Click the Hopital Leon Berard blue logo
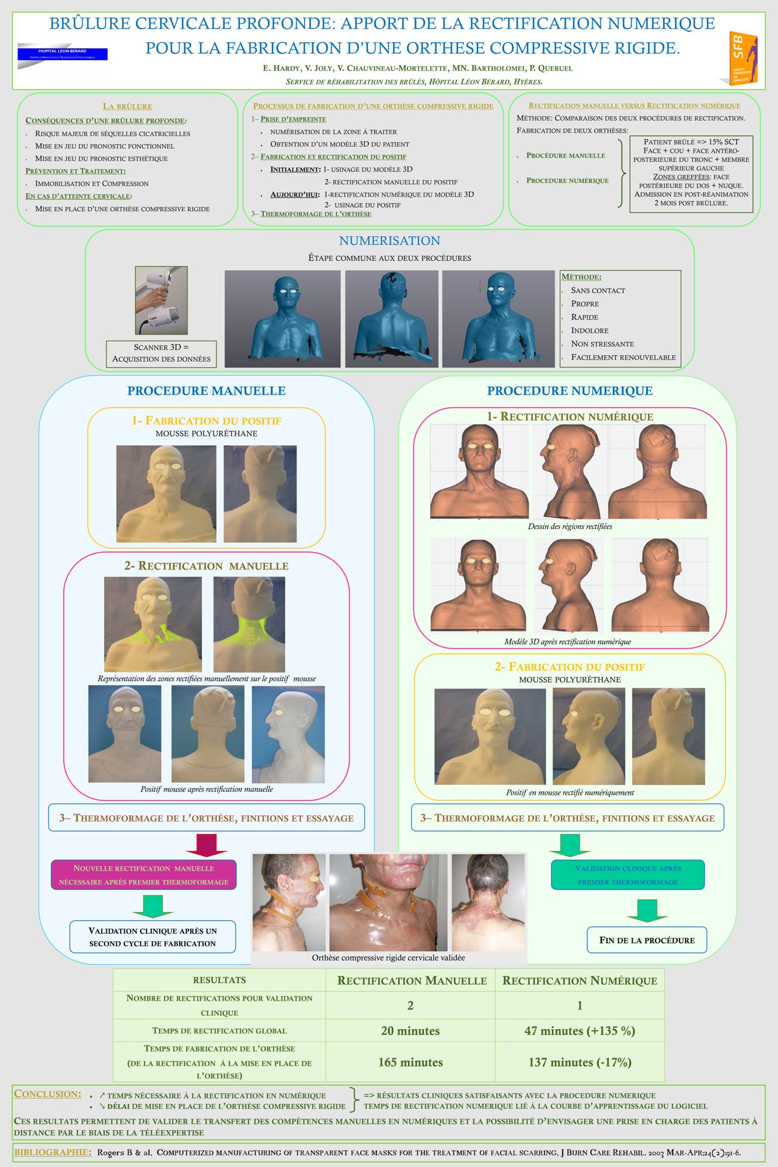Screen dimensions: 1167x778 tap(62, 54)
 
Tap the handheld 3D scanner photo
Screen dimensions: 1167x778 tap(161, 300)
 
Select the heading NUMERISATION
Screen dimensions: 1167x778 tap(389, 240)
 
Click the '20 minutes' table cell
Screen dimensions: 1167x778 tap(410, 1030)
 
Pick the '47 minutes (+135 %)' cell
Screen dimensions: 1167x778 tap(580, 1030)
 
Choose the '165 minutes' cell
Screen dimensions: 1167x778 tap(410, 1062)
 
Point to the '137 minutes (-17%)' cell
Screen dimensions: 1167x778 tap(580, 1062)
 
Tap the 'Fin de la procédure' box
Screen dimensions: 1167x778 tap(647, 940)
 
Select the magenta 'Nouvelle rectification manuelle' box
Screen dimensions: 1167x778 tap(144, 875)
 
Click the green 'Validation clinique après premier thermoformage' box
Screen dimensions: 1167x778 tap(627, 875)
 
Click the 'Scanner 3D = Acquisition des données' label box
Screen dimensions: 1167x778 tap(161, 353)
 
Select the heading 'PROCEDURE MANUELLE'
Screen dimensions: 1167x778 tap(207, 390)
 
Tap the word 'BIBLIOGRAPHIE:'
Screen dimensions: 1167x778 tap(53, 1152)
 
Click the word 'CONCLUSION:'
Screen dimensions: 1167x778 tap(47, 1094)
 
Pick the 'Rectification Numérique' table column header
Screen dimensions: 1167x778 tap(580, 980)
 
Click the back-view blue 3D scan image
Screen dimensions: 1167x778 tap(392, 319)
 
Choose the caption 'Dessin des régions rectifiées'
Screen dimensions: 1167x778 tap(570, 526)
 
